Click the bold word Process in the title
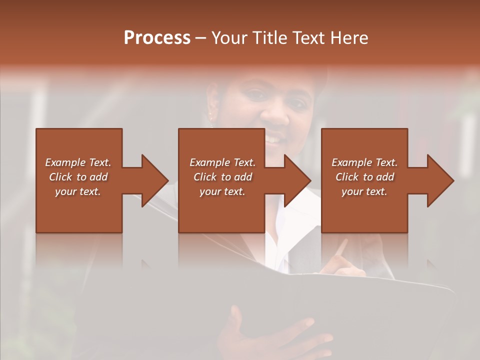157,37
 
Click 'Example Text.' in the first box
78,162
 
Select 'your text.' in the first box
78,191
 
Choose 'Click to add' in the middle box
222,177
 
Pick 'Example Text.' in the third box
364,162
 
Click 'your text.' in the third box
364,191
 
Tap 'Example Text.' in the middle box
222,162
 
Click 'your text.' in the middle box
222,191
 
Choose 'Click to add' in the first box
78,177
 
